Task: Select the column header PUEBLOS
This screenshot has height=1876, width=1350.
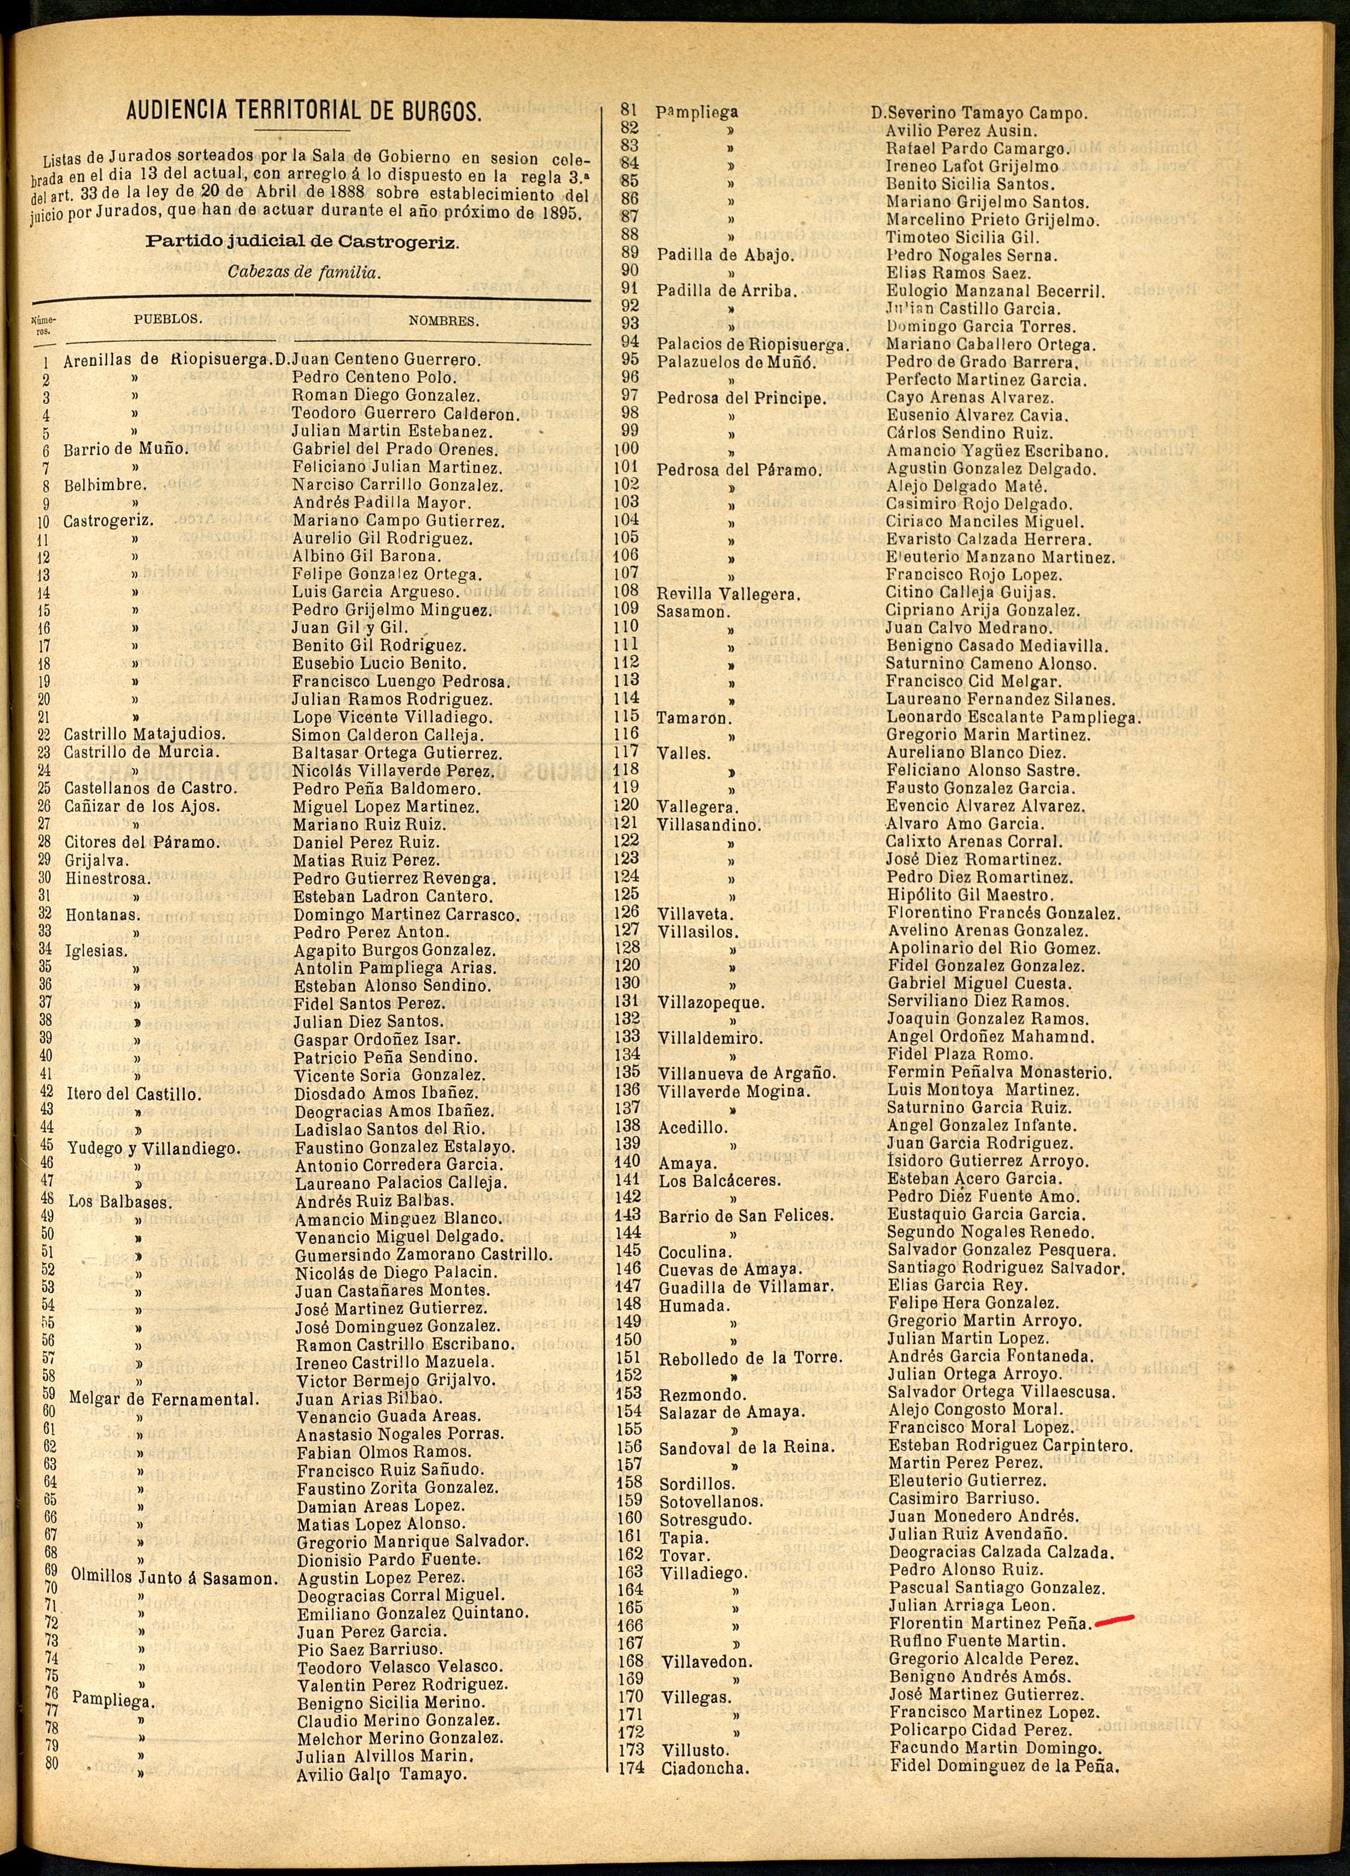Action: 168,318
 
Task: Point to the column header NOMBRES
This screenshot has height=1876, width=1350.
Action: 444,321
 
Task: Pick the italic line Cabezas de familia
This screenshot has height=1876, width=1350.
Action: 303,272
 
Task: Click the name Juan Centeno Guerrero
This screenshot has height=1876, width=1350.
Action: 386,360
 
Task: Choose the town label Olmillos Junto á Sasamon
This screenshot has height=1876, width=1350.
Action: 173,1577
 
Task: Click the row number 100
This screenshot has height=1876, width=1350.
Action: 628,451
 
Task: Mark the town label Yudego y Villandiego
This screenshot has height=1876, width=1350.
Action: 152,1149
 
